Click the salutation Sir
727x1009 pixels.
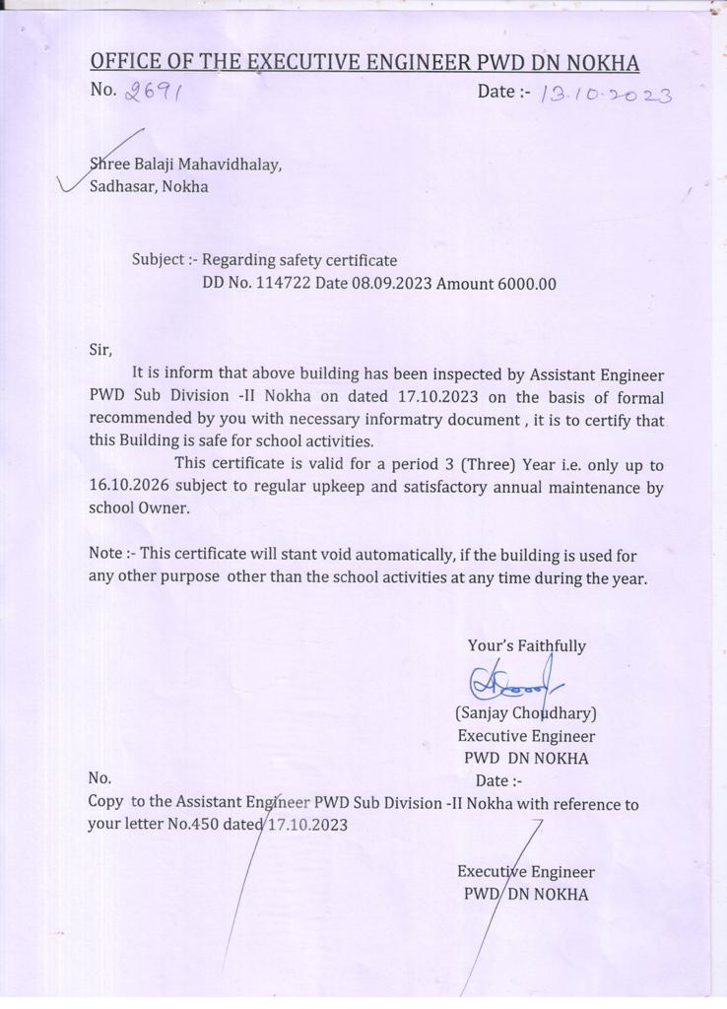pos(100,348)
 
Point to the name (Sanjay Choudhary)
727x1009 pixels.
pos(525,712)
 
